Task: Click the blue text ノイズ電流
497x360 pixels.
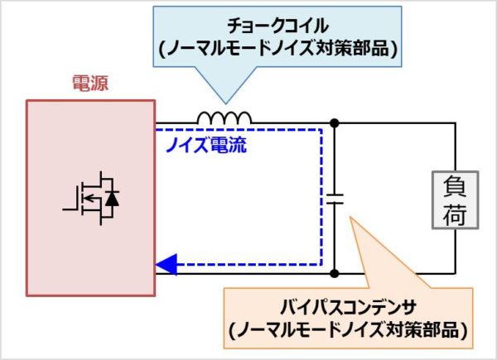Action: point(204,149)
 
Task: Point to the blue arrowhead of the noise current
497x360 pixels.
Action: point(165,265)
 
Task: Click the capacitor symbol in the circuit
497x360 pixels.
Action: point(335,199)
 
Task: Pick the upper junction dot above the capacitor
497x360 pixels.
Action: point(335,124)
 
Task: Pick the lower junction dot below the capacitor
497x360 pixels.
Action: point(335,272)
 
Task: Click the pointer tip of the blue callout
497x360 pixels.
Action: point(221,106)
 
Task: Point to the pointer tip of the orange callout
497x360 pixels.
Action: point(351,217)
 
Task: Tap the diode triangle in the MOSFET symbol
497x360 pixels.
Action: point(112,199)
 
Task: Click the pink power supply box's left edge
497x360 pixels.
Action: point(27,198)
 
